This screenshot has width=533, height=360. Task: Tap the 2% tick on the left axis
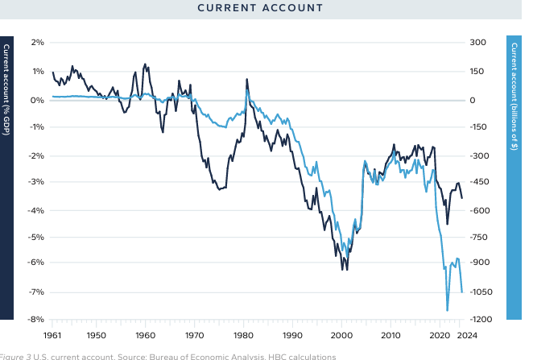coord(36,43)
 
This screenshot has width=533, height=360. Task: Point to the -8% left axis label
coord(35,320)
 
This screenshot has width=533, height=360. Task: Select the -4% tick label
coord(35,210)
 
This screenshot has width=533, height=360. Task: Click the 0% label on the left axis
coord(36,100)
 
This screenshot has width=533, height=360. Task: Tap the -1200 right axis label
coord(483,320)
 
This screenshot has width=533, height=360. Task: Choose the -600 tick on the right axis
coord(481,210)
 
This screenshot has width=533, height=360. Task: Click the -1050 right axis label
coord(483,292)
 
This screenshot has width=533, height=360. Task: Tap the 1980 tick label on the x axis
coord(243,334)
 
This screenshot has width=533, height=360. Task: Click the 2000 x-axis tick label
coord(342,334)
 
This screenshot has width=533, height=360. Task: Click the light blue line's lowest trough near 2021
coord(447,310)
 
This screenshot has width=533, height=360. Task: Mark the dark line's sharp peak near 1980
coord(246,79)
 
